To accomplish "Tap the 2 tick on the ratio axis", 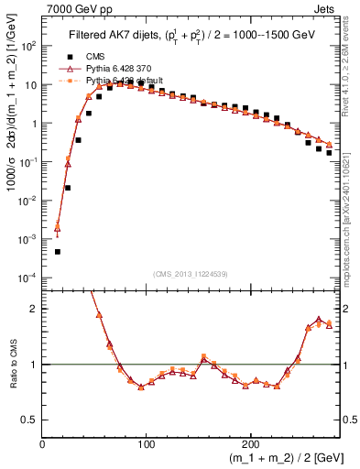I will (x=35, y=309).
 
